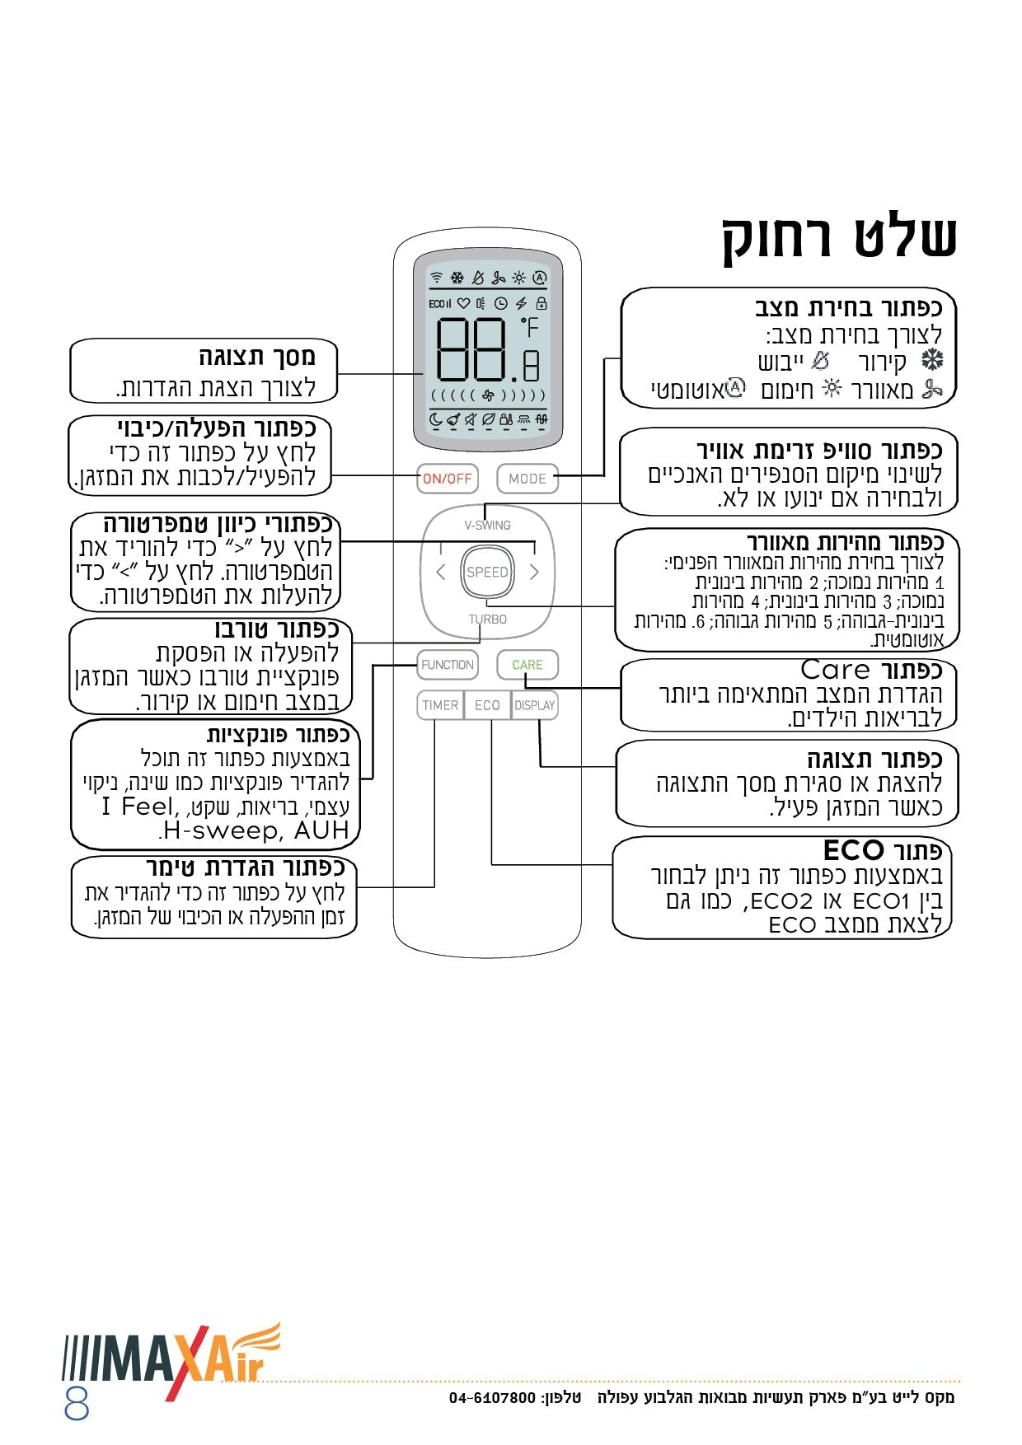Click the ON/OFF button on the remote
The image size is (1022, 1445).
point(447,479)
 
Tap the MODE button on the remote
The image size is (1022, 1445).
point(527,479)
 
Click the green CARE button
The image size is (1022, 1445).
point(527,665)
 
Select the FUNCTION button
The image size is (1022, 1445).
point(447,665)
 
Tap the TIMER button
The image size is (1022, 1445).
point(440,705)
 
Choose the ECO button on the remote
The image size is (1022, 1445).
point(487,705)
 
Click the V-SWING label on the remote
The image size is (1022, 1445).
point(487,525)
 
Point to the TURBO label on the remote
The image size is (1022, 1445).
point(487,620)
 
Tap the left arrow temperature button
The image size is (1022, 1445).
point(440,572)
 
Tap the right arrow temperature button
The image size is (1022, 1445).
point(534,572)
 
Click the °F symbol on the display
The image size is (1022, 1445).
point(529,328)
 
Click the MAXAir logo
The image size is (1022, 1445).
point(173,1358)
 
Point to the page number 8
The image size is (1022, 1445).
point(77,1403)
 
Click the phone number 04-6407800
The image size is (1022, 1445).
point(492,1397)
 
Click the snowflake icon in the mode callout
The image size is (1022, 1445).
point(931,360)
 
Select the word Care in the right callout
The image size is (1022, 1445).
point(835,670)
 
